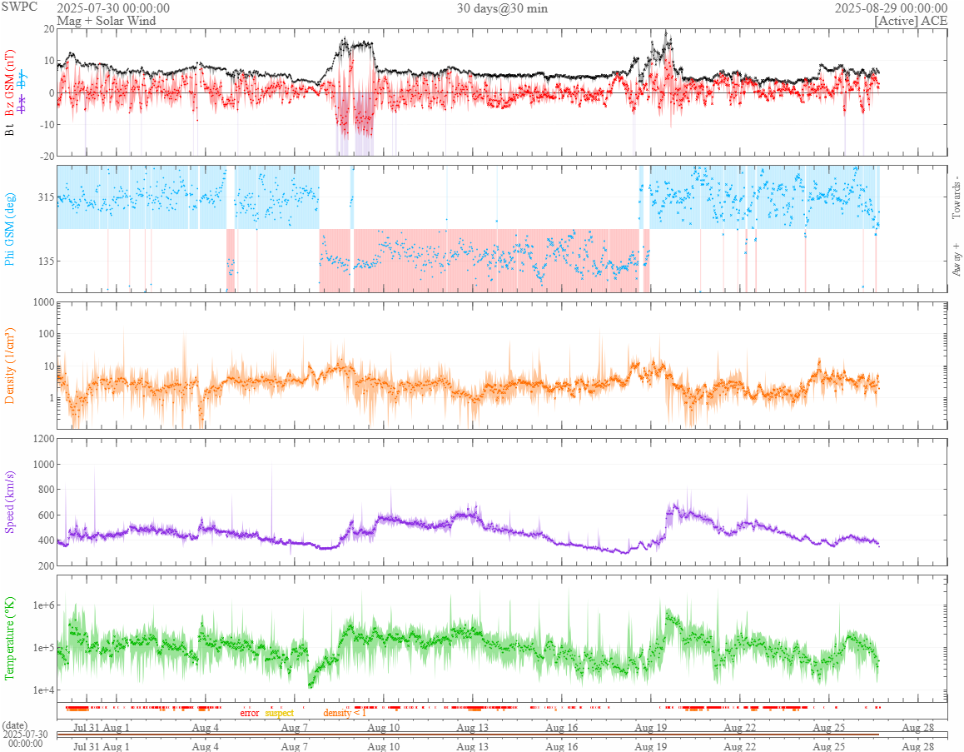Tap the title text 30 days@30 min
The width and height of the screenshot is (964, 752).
click(502, 8)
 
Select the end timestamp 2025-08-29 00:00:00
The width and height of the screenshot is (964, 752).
click(891, 8)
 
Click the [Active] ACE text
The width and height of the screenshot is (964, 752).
click(911, 20)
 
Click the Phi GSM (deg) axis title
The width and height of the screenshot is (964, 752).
click(11, 228)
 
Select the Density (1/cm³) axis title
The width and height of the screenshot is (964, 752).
click(11, 366)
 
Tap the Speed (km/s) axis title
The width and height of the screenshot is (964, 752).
click(11, 502)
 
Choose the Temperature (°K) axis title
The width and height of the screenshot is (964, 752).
click(11, 639)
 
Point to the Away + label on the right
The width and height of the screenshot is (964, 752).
click(956, 258)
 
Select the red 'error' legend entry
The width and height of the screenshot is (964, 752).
click(249, 713)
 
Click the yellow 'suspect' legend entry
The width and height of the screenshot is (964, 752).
click(279, 713)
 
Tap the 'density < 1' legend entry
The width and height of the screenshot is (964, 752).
click(345, 713)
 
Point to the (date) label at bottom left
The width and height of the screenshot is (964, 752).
click(15, 725)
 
